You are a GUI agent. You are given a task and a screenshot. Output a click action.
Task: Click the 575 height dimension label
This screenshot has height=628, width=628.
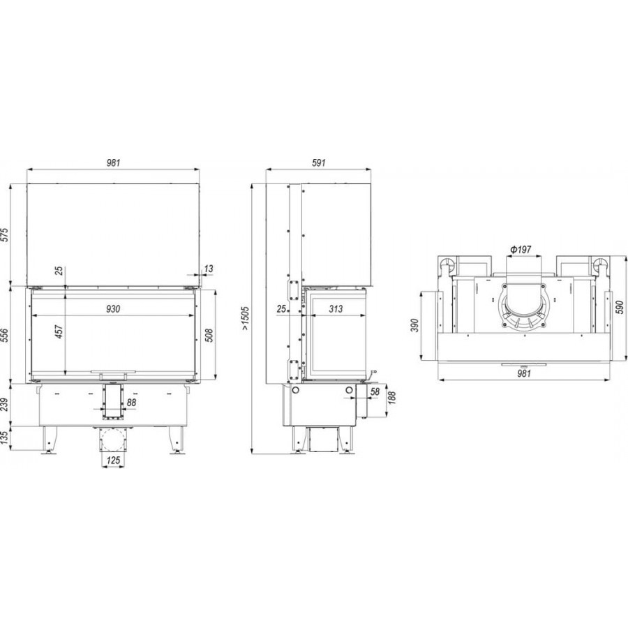pos(4,234)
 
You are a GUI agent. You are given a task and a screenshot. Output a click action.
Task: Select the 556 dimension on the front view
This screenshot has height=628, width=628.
pos(4,335)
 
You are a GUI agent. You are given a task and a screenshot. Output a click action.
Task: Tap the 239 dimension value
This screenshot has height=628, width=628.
pos(4,405)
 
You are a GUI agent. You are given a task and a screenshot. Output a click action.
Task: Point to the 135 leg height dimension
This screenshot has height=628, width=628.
pos(4,438)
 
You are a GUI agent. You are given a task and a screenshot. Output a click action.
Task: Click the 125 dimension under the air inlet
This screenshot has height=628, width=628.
pos(113,461)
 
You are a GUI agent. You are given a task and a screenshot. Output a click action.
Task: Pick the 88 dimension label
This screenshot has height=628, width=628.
pos(131,403)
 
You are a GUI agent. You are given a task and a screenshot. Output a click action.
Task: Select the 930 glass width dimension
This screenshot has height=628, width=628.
pos(113,309)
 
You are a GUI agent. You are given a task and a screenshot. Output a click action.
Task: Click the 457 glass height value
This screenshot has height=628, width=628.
pos(59,331)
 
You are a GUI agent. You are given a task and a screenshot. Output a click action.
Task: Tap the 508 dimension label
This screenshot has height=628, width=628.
pos(209,335)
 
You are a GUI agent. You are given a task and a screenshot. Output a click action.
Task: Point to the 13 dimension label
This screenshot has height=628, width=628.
pos(209,269)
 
